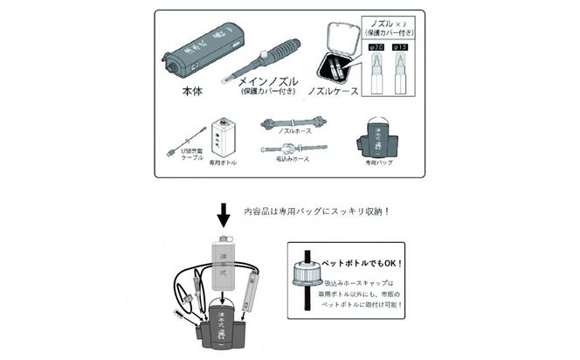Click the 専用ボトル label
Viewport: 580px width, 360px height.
[x=223, y=163]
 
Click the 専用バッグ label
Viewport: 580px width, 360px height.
[x=380, y=162]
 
